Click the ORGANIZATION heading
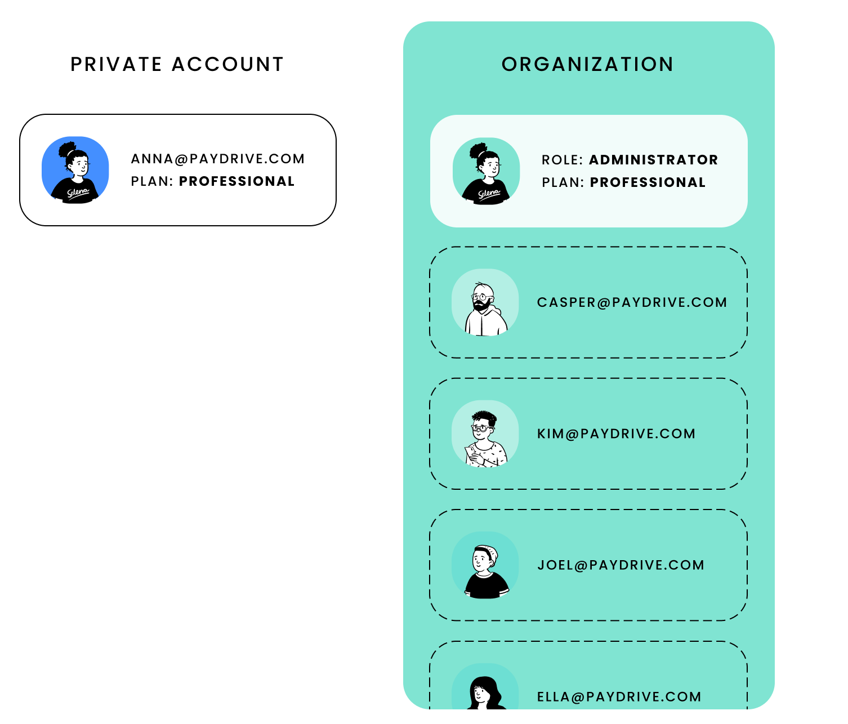click(x=587, y=64)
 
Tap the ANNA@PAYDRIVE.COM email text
click(x=218, y=159)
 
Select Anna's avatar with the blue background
click(x=75, y=170)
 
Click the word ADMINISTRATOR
click(x=653, y=160)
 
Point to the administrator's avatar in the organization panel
click(x=487, y=171)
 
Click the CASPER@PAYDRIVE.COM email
click(x=632, y=302)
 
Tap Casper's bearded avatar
click(x=485, y=303)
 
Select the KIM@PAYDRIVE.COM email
click(x=616, y=433)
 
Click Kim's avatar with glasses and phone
click(x=485, y=433)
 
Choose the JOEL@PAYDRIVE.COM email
click(x=621, y=565)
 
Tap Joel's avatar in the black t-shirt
click(x=485, y=565)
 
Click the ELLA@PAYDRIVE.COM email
click(x=619, y=697)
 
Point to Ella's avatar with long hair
click(x=485, y=691)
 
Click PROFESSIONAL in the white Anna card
click(x=236, y=181)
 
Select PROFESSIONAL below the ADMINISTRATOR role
click(x=648, y=182)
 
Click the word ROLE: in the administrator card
click(x=562, y=160)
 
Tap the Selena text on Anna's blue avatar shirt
click(x=78, y=193)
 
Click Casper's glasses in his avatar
click(x=480, y=296)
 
